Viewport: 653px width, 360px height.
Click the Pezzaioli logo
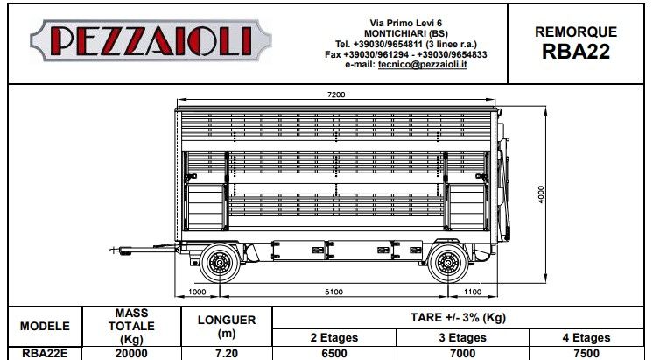151,40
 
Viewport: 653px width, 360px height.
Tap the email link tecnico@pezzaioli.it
422,65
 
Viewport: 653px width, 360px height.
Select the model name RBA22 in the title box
576,52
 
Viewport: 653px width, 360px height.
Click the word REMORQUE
576,32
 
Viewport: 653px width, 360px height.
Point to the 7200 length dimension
336,95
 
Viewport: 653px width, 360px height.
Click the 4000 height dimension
541,194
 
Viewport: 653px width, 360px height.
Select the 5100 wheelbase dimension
334,292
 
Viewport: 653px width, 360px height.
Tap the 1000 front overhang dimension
197,292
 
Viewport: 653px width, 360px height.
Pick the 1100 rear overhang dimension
473,292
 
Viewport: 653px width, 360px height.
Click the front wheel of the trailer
220,263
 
